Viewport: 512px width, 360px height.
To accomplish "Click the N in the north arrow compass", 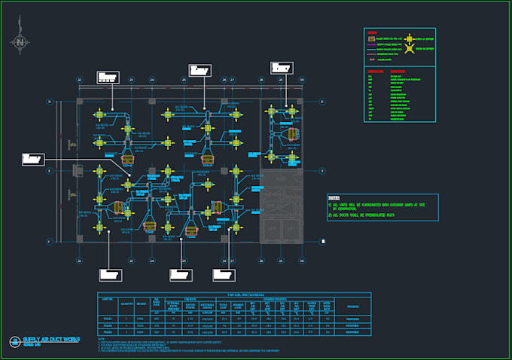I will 20,42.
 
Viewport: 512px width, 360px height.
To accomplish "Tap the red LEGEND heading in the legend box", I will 372,32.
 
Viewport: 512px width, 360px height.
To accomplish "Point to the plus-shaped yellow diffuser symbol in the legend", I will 409,38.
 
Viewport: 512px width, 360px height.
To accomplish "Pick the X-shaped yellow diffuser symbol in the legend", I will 410,49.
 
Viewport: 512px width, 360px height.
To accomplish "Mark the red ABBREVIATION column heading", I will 375,71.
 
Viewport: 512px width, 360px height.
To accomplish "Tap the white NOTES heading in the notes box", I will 334,198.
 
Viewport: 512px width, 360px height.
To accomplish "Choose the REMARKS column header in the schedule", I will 353,307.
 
